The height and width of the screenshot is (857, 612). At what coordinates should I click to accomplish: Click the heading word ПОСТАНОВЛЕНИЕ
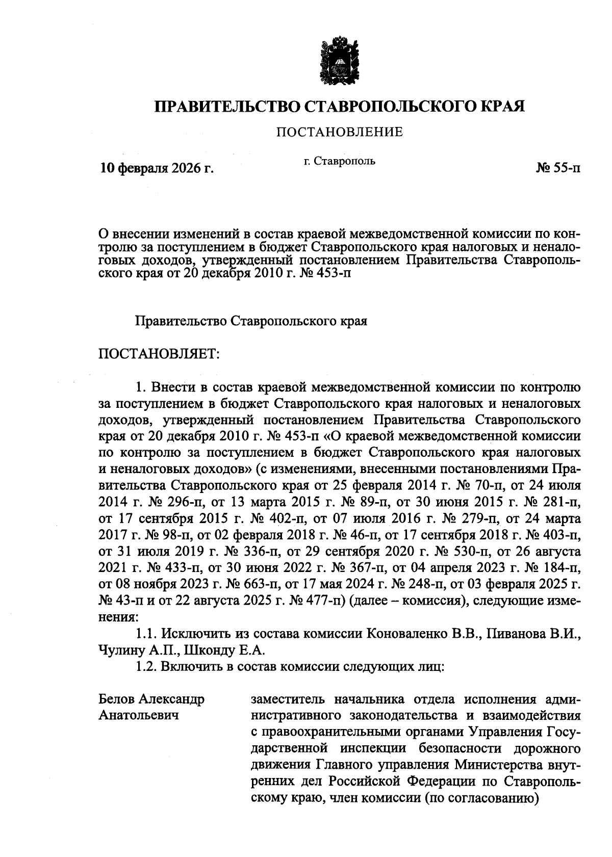pyautogui.click(x=339, y=133)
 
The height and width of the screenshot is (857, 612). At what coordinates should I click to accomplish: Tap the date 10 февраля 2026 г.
pyautogui.click(x=156, y=168)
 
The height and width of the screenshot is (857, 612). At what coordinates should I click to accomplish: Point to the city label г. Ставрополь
pyautogui.click(x=339, y=162)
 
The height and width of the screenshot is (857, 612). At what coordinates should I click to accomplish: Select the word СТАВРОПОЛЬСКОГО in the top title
pyautogui.click(x=390, y=106)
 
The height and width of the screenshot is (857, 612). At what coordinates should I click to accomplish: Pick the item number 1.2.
pyautogui.click(x=146, y=667)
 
